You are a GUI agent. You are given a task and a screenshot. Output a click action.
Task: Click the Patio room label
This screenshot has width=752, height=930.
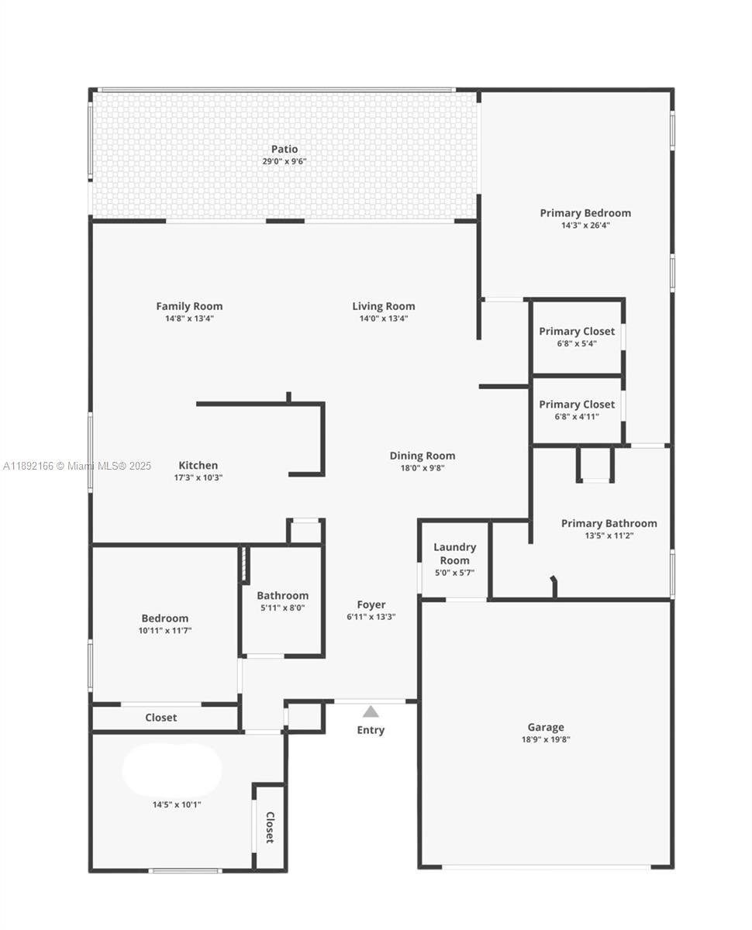click(x=284, y=149)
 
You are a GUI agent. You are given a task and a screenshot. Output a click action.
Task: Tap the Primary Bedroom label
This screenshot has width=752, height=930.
click(x=585, y=213)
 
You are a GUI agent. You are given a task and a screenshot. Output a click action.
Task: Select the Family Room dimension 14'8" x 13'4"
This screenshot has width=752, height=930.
click(x=189, y=319)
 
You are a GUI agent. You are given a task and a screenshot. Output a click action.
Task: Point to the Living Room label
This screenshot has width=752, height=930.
click(x=384, y=306)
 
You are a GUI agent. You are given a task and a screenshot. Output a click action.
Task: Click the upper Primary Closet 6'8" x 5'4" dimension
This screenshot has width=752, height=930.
click(x=577, y=343)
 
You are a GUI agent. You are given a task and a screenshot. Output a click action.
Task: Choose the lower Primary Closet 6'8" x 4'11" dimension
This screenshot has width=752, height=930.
click(x=577, y=416)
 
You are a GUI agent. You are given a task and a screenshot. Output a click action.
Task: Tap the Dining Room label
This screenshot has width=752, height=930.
click(x=423, y=456)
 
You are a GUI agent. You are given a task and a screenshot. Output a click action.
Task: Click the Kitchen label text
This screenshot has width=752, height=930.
click(x=198, y=466)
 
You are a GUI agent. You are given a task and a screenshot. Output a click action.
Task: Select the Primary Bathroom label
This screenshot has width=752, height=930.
click(x=609, y=523)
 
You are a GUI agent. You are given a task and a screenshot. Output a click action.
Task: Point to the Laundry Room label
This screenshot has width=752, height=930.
click(x=454, y=553)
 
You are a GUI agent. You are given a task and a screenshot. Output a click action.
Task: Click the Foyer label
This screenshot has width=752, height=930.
click(x=371, y=604)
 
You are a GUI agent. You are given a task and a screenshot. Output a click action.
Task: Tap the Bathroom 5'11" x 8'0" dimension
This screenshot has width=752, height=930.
click(x=282, y=608)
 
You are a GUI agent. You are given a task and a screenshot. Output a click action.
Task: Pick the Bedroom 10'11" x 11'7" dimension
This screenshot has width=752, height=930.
click(x=164, y=631)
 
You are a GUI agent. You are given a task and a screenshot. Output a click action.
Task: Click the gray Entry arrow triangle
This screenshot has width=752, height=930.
click(x=371, y=711)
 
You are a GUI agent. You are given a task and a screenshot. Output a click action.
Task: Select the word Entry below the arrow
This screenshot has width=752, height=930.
click(x=371, y=730)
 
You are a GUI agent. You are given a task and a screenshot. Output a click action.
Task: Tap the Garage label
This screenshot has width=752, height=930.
click(x=546, y=727)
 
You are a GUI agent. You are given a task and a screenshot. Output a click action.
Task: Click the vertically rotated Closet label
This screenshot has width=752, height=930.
click(x=270, y=827)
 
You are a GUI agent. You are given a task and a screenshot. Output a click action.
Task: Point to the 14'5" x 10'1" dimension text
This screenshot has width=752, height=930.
click(x=177, y=804)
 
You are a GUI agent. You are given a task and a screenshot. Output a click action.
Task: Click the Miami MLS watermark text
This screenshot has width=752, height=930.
click(x=78, y=467)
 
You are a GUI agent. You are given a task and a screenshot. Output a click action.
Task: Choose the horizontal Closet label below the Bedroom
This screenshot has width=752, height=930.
click(x=161, y=718)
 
